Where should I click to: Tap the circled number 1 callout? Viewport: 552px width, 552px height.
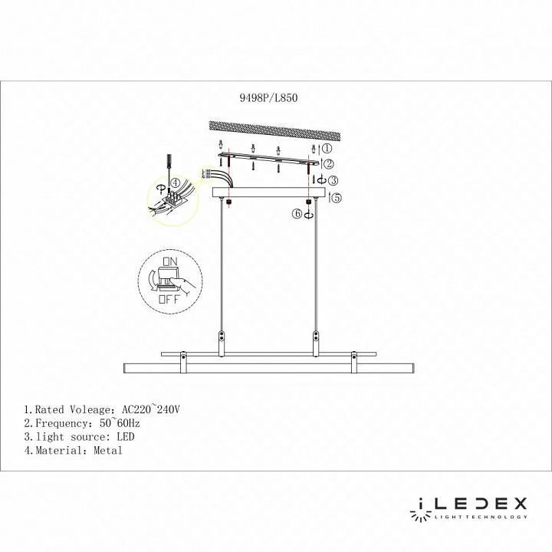tap(325, 148)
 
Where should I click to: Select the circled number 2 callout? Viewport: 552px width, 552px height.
tap(327, 164)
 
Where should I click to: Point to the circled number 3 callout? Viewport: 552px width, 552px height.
tap(332, 181)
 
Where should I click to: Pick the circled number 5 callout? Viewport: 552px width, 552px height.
tap(335, 198)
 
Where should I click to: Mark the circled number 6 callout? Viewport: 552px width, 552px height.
tap(297, 215)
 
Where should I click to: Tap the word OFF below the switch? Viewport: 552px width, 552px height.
tap(169, 300)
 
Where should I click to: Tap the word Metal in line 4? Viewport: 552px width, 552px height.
tap(107, 451)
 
